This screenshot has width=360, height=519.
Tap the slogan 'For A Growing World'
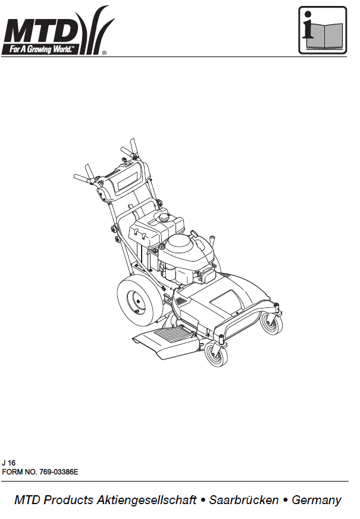tap(41, 49)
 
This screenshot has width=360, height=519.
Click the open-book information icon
tap(323, 30)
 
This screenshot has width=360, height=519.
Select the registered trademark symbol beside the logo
tap(104, 52)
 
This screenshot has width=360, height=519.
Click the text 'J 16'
tap(8, 463)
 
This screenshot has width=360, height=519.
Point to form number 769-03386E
tap(59, 471)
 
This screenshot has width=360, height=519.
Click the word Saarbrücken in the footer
tap(244, 500)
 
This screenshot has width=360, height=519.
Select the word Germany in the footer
tap(317, 500)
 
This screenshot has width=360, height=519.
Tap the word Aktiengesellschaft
tap(147, 500)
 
